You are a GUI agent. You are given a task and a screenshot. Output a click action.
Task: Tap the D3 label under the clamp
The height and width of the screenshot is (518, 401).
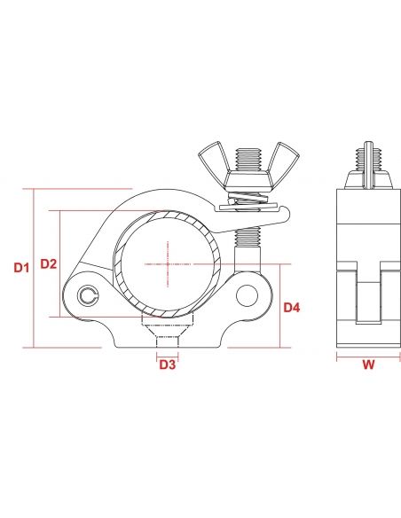[167, 364]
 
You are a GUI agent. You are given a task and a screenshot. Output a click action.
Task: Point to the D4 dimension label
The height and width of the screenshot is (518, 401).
[292, 308]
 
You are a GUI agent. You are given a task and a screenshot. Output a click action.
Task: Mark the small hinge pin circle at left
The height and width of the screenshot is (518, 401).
[85, 296]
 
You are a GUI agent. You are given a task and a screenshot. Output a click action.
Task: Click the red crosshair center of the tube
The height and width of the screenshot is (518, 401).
[167, 263]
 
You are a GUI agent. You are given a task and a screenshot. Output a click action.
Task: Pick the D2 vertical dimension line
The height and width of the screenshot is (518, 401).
[59, 263]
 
